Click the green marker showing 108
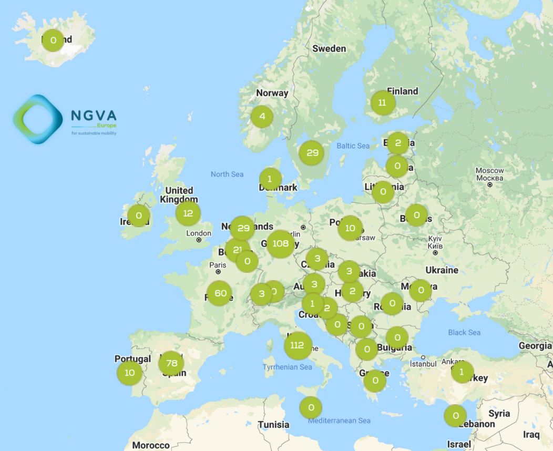point(281,244)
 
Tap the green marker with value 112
point(298,345)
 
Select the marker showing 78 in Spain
point(171,363)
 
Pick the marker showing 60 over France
point(220,293)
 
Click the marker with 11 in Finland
point(382,103)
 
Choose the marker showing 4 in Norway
point(262,117)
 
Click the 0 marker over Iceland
point(53,40)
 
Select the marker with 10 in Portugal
point(129,373)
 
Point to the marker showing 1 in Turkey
point(462,372)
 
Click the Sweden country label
point(329,49)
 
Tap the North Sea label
point(227,174)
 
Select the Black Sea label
point(464,333)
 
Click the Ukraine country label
point(442,270)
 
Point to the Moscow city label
point(489,171)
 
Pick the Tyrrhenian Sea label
point(287,367)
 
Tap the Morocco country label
point(150,445)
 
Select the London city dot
point(199,240)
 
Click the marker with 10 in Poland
point(350,228)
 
